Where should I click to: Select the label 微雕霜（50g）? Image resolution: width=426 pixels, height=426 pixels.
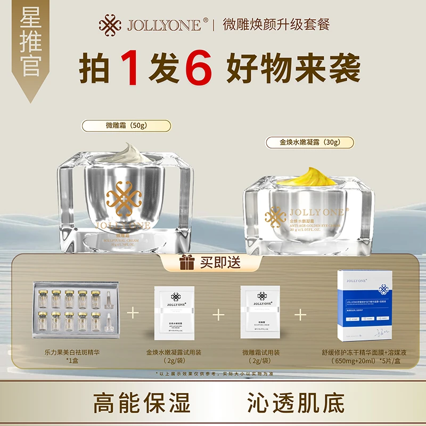pos(126,126)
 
